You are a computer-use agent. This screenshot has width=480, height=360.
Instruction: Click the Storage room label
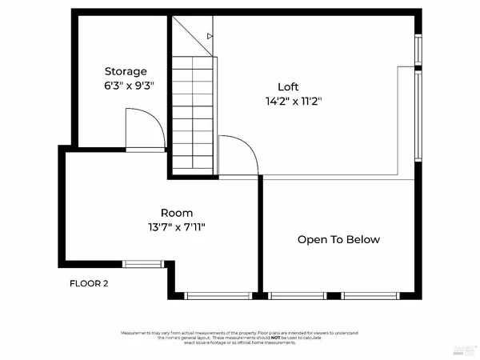click(126, 71)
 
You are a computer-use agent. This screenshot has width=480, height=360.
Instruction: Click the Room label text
click(177, 213)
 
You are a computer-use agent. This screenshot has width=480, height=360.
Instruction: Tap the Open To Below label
click(338, 239)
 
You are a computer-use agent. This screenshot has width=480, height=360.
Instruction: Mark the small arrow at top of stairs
click(210, 36)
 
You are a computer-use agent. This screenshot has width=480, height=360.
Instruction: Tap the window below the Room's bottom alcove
click(218, 296)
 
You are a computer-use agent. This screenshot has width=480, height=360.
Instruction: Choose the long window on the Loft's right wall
click(418, 116)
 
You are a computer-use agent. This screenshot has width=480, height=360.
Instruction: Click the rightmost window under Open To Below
click(370, 296)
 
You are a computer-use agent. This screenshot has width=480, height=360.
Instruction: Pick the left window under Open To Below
click(297, 296)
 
